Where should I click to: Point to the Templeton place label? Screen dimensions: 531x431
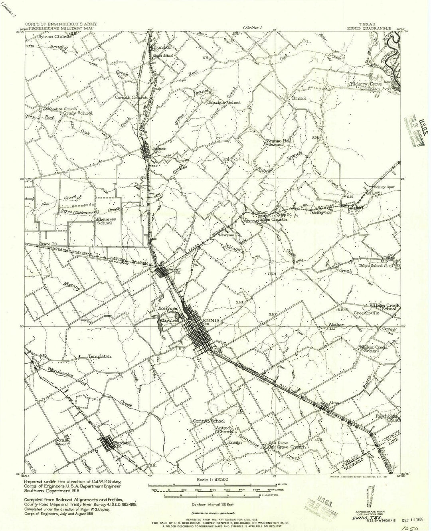click(100, 356)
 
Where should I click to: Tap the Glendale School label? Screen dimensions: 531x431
click(224, 102)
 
